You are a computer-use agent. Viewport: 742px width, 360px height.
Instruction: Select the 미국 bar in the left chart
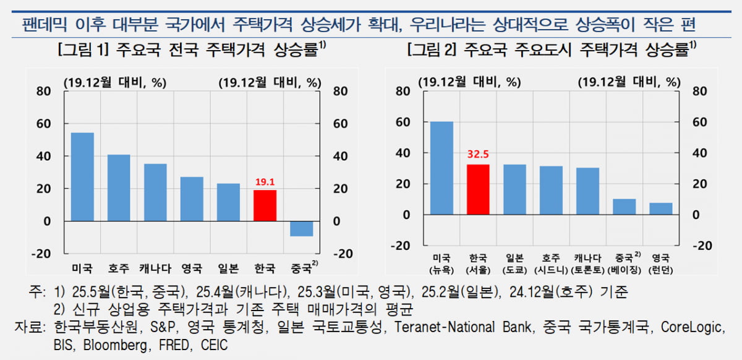(x=82, y=177)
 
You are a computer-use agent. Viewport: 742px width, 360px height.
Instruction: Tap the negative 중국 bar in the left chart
(x=301, y=228)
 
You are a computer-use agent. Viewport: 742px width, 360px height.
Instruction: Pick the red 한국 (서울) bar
(x=478, y=189)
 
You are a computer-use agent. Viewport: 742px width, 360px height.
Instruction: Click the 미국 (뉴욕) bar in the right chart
(x=441, y=168)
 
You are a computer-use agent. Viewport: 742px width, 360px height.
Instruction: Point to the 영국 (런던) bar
(x=660, y=208)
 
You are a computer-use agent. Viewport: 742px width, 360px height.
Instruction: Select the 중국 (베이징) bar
(x=624, y=207)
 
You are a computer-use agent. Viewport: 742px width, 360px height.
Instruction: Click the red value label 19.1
(x=265, y=182)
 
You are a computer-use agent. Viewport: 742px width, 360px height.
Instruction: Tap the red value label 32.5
(x=478, y=156)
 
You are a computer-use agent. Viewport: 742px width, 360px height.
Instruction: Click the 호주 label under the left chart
(x=119, y=268)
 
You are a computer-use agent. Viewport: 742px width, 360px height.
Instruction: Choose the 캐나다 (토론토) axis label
(x=587, y=263)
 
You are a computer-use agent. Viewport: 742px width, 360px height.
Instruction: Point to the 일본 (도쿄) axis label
(x=514, y=263)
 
